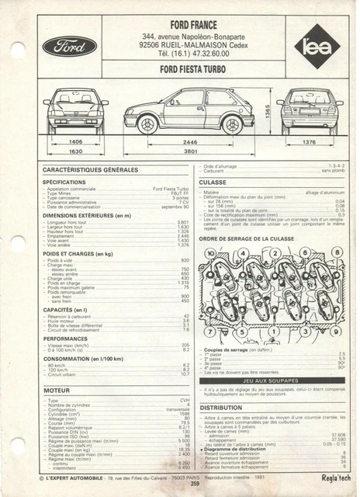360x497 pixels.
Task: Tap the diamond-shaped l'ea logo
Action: click(x=317, y=48)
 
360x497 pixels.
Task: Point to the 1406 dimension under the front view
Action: click(x=76, y=142)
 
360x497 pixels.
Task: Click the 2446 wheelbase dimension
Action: click(x=190, y=143)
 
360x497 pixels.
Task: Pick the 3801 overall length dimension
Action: click(x=190, y=152)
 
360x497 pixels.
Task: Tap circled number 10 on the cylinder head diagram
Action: click(x=210, y=253)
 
